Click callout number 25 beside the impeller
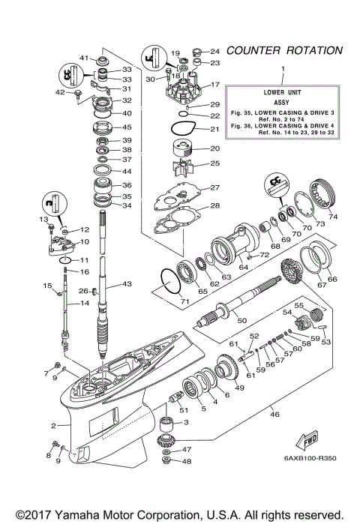[x=214, y=163]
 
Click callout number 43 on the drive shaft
[x=126, y=283]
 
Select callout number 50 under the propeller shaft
[x=241, y=320]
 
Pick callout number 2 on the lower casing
[x=54, y=426]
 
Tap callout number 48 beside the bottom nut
[x=187, y=461]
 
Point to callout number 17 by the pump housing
[x=214, y=84]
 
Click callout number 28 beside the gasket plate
[x=214, y=205]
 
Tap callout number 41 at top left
[x=84, y=57]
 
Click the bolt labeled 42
[x=78, y=94]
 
